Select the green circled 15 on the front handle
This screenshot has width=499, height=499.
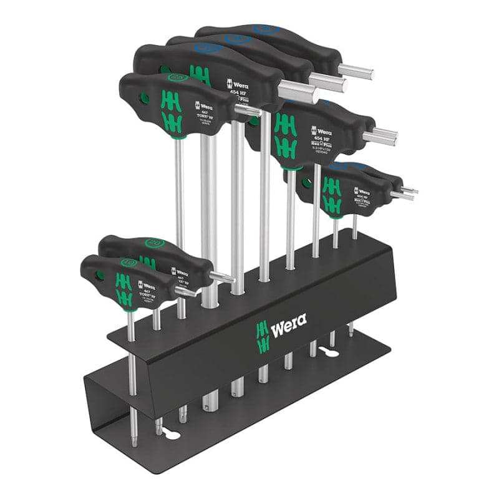(x=127, y=263)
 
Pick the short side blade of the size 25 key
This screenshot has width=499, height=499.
(x=248, y=110)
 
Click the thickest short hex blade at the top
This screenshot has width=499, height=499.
(x=298, y=94)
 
